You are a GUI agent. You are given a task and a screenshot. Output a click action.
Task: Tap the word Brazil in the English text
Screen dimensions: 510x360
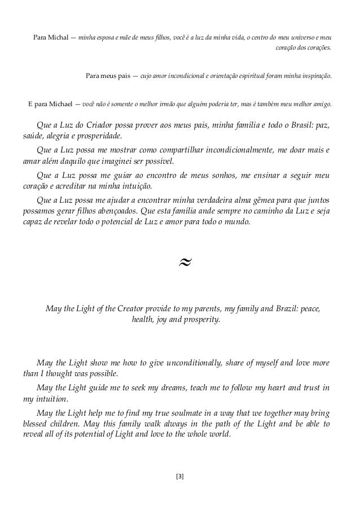click(274, 309)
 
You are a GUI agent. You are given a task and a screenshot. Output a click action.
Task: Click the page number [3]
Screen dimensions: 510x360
click(180, 476)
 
